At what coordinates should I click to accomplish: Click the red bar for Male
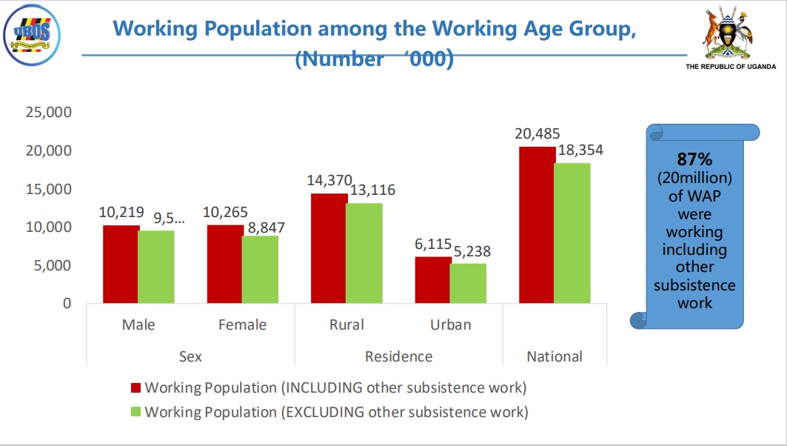pos(121,264)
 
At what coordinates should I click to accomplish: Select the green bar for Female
pos(260,269)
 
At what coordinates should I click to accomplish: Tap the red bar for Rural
pos(329,248)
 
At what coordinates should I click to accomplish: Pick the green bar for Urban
pos(469,283)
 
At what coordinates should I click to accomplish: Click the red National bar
pos(537,224)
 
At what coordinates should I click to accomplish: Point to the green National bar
pos(573,233)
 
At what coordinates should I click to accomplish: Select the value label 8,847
pos(262,227)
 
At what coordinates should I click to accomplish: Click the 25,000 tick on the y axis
pos(47,113)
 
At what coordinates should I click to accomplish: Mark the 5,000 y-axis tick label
pos(51,265)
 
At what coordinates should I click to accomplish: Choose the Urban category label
pos(450,324)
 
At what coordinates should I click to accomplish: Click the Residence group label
pos(398,356)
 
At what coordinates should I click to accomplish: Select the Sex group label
pos(190,356)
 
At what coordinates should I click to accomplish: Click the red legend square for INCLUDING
pos(135,387)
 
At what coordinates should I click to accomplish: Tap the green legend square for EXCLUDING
pos(135,412)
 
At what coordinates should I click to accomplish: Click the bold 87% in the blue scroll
pos(694,160)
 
